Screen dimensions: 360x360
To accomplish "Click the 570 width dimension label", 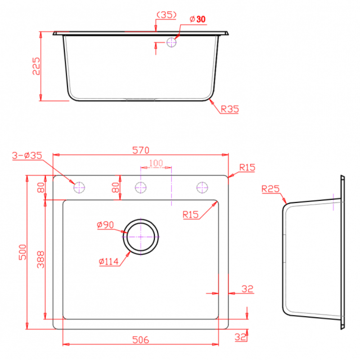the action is tap(141, 150).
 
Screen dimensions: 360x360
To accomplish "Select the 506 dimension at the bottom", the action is tap(140, 340).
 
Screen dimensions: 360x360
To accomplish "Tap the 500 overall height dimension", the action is tap(23, 252).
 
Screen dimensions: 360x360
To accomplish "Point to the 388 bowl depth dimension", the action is tap(41, 260).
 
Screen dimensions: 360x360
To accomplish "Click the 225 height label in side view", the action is tap(36, 66).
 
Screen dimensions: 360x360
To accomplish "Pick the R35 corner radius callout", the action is tap(229, 109).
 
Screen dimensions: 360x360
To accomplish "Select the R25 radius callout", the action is tap(270, 189).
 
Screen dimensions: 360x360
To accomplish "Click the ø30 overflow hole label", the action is tap(198, 19).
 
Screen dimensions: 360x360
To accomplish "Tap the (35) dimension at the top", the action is tap(166, 15).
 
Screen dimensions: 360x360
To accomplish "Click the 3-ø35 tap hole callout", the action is tap(27, 155).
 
